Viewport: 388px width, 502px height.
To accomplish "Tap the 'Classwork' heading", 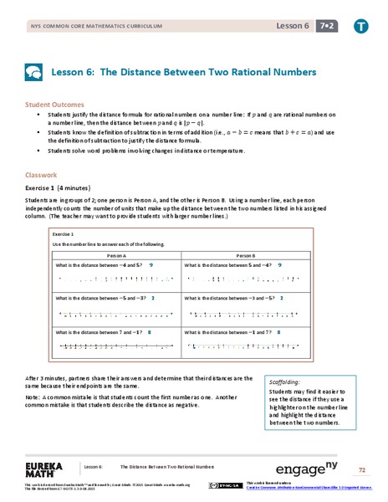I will pos(40,177).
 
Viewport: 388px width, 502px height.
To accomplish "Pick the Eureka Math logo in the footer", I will pos(47,469).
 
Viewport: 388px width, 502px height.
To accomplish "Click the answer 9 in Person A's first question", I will pos(151,264).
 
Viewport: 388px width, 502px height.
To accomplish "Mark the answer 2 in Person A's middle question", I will pos(152,298).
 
